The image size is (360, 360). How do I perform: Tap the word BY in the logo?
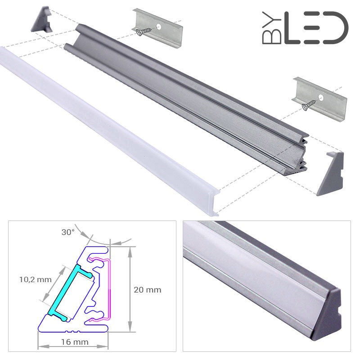pyautogui.click(x=272, y=27)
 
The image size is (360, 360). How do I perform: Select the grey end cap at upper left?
pyautogui.click(x=42, y=19)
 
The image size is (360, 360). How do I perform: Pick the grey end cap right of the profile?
pyautogui.click(x=330, y=174)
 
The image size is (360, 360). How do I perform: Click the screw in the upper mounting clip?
pyautogui.click(x=144, y=31)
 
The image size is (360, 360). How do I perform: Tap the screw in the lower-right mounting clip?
pyautogui.click(x=309, y=105)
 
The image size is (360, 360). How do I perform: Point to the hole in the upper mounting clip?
pyautogui.click(x=159, y=27)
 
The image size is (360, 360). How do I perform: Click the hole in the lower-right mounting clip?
pyautogui.click(x=321, y=98)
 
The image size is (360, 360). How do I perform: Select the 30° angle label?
pyautogui.click(x=68, y=232)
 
